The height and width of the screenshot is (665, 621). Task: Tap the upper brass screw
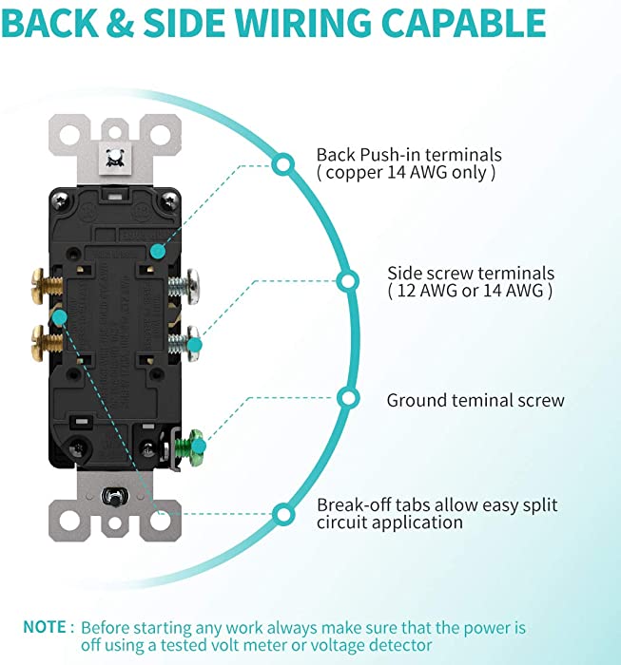pos(47,286)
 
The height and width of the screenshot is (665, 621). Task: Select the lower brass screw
pos(47,343)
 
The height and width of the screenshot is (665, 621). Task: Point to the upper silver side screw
pos(184,286)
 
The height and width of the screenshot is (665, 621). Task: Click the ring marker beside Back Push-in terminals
pos(283,164)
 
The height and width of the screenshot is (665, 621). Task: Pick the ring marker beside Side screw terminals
pos(348,281)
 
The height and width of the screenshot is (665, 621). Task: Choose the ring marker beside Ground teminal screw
pos(348,399)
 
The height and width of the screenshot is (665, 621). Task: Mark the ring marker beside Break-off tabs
pos(283,515)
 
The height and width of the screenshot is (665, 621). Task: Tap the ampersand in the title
pos(120,23)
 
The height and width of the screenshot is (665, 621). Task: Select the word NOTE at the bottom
pos(45,627)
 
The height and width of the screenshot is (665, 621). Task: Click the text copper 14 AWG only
pos(406,173)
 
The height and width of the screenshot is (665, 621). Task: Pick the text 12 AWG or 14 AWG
pos(471,291)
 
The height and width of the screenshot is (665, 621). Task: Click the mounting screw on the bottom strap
pos(115,497)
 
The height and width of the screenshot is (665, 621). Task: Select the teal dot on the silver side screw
pos(194,345)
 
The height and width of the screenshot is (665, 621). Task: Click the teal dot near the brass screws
pos(59,316)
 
